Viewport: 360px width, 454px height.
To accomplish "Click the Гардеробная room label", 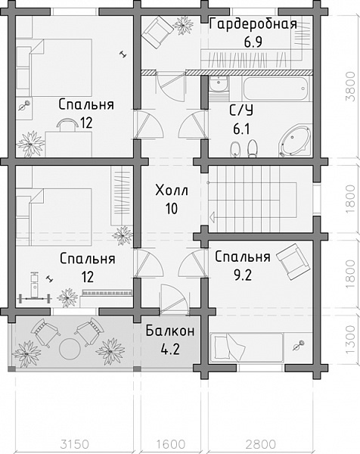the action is [x=253, y=24].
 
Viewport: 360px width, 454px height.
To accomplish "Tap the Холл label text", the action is [x=172, y=191].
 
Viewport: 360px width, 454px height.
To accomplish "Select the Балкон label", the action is [x=170, y=331].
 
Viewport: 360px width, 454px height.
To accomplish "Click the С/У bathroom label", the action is [x=241, y=110].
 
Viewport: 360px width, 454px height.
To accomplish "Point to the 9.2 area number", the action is [x=243, y=275].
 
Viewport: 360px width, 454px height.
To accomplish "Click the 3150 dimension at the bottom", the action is [x=74, y=444].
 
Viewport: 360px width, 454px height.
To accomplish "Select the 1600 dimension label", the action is [x=171, y=444].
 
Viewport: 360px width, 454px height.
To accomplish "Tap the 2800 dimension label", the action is [x=261, y=444].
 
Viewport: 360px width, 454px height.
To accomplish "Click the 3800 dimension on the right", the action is [x=350, y=86].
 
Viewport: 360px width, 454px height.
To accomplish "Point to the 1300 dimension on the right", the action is [x=350, y=339].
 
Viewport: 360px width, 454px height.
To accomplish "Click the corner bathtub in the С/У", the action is [x=295, y=141].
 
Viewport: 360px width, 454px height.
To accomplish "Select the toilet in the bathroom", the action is [x=253, y=149].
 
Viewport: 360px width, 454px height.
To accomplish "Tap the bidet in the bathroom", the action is [x=234, y=150].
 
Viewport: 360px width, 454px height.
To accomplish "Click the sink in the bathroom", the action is [x=219, y=84].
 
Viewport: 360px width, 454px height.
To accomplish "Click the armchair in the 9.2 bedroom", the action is [x=293, y=262].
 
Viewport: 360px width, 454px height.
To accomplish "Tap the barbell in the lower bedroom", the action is [x=35, y=297].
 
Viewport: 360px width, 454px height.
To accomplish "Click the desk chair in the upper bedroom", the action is [x=67, y=124].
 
